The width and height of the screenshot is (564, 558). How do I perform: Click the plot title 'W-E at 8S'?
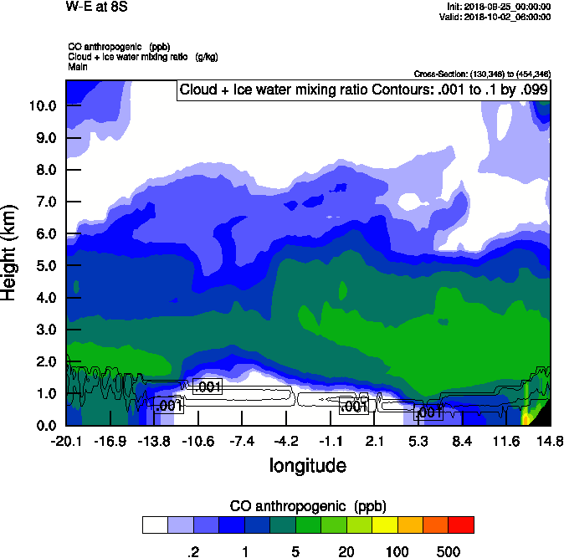96,8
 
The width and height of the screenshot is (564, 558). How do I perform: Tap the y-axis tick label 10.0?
42,106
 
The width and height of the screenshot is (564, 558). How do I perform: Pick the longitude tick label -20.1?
65,441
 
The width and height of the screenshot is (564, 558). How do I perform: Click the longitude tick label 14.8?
550,441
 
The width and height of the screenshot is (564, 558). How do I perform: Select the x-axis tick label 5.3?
418,441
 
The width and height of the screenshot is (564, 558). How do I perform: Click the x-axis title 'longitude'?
307,464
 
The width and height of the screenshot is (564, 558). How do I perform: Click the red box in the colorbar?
461,525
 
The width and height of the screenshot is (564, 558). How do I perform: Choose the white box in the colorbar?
155,525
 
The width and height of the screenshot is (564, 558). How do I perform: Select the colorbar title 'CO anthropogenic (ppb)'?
308,506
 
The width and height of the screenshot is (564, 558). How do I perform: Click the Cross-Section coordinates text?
482,74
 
